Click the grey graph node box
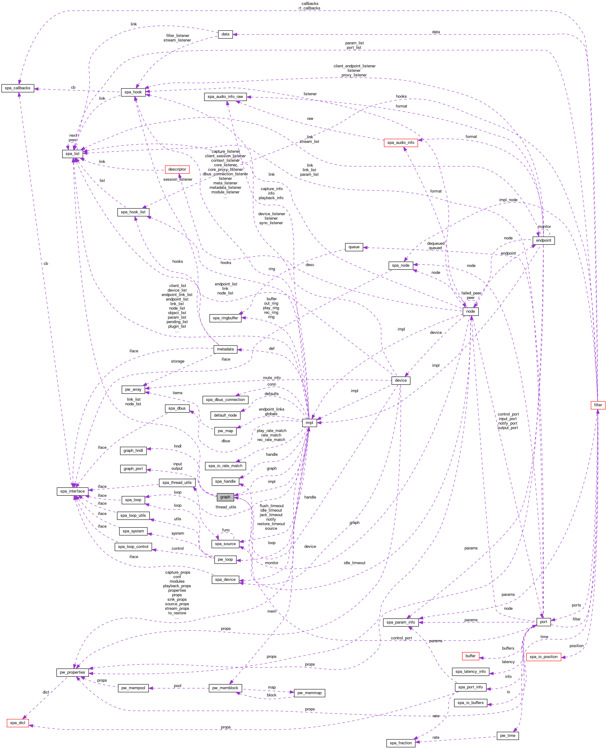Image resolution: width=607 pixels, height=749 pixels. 225,497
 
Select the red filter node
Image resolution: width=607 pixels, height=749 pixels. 598,405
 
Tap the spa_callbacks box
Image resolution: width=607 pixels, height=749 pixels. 18,88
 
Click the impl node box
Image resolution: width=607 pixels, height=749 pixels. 309,423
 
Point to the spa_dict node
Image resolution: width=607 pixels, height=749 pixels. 18,723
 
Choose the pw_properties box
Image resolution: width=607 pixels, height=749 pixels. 72,672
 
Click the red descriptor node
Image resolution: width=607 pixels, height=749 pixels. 177,169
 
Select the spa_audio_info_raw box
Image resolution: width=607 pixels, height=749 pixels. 225,97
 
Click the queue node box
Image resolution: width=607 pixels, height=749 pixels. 354,247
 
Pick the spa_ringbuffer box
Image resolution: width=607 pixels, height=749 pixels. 225,318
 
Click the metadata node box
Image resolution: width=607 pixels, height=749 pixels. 225,349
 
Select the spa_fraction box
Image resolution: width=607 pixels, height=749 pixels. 401,743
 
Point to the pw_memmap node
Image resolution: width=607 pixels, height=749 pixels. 309,693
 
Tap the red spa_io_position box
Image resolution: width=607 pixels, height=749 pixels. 543,657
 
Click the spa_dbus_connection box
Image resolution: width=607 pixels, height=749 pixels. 225,399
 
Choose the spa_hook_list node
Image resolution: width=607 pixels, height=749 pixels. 133,212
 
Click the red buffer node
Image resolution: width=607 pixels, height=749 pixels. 470,656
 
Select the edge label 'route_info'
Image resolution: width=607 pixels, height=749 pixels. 272,378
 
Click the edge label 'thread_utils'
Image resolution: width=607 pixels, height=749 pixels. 226,507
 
